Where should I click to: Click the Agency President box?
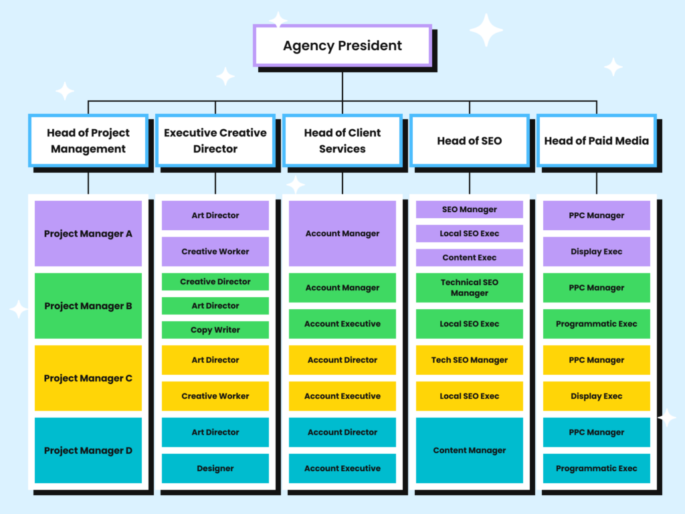click(342, 46)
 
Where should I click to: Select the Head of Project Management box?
click(88, 141)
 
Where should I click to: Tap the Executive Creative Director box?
click(215, 141)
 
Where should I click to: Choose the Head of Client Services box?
click(342, 141)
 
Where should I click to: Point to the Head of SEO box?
click(469, 141)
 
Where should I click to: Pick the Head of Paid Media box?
click(596, 141)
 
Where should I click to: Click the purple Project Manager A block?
click(88, 234)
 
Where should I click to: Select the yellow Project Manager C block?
click(88, 378)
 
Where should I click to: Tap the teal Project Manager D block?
click(88, 450)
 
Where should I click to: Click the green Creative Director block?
click(215, 282)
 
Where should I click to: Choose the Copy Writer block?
click(215, 330)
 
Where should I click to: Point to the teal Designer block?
click(215, 468)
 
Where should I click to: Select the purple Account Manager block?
click(342, 234)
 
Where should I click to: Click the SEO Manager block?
click(469, 209)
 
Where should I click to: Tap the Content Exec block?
click(469, 258)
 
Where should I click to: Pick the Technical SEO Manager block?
click(469, 288)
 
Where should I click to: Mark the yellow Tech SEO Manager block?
click(469, 360)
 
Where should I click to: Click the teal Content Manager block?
click(469, 450)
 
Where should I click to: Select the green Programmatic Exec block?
click(596, 324)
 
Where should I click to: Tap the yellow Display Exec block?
click(596, 396)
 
